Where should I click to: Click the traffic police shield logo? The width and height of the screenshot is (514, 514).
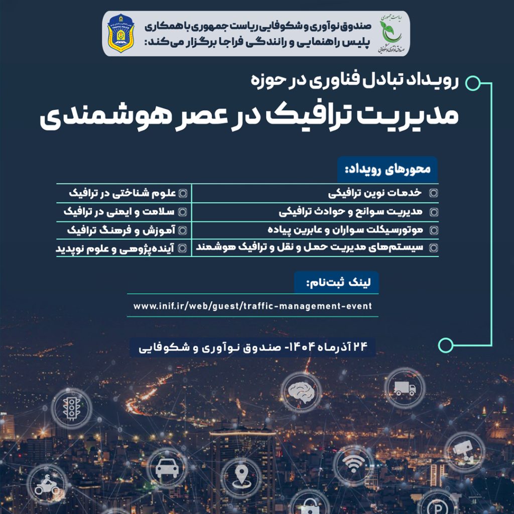tap(120, 35)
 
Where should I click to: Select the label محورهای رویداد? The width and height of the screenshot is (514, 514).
tap(387, 170)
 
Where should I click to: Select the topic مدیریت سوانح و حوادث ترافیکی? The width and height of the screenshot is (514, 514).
tap(351, 211)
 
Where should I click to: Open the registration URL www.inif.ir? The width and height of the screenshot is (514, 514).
tap(252, 306)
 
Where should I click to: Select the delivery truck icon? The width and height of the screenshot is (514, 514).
tap(405, 388)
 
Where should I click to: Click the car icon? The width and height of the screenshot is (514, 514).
tap(167, 469)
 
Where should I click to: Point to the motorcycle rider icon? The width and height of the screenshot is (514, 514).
tap(47, 485)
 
